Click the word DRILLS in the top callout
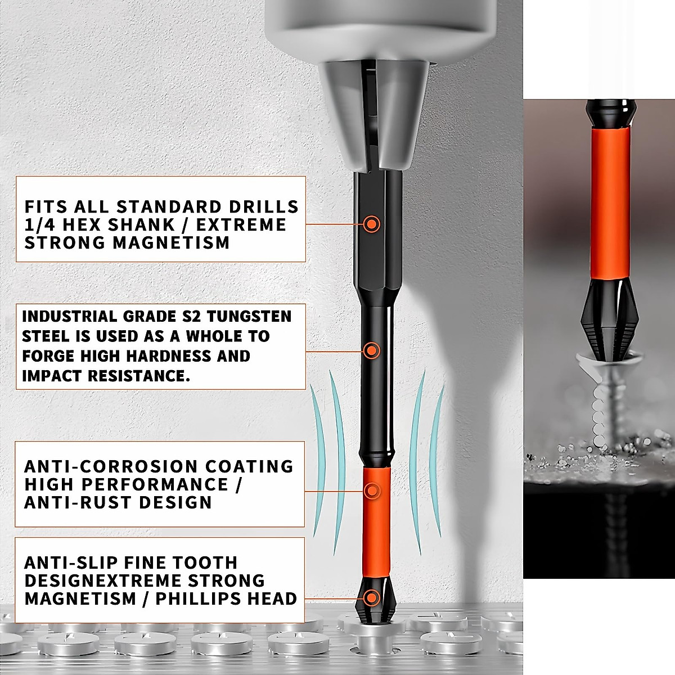tap(263, 206)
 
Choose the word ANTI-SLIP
tap(71, 562)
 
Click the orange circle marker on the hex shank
tap(371, 224)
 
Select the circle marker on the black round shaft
tap(371, 351)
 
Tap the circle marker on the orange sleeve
tap(371, 491)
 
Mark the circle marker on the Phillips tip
tap(371, 598)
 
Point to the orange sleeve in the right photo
tap(610, 202)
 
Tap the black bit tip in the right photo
tap(610, 321)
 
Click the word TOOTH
tap(205, 562)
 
